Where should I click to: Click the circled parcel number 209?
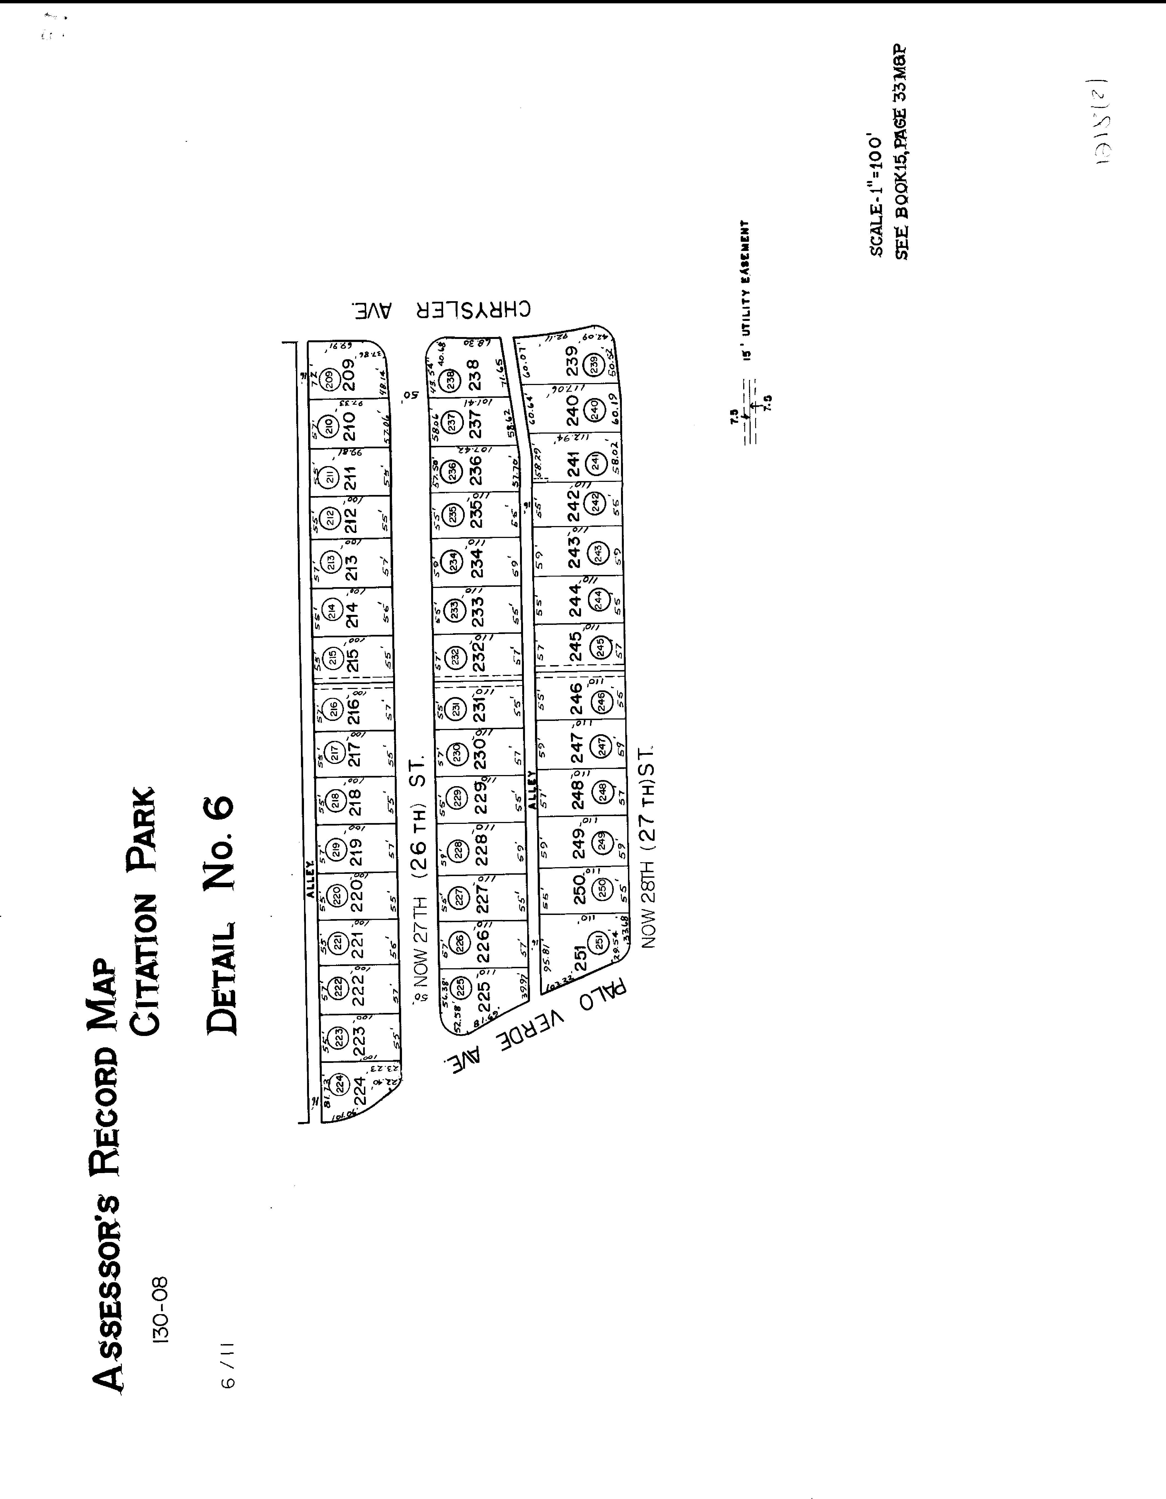coord(330,378)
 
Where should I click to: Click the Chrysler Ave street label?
coord(443,310)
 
